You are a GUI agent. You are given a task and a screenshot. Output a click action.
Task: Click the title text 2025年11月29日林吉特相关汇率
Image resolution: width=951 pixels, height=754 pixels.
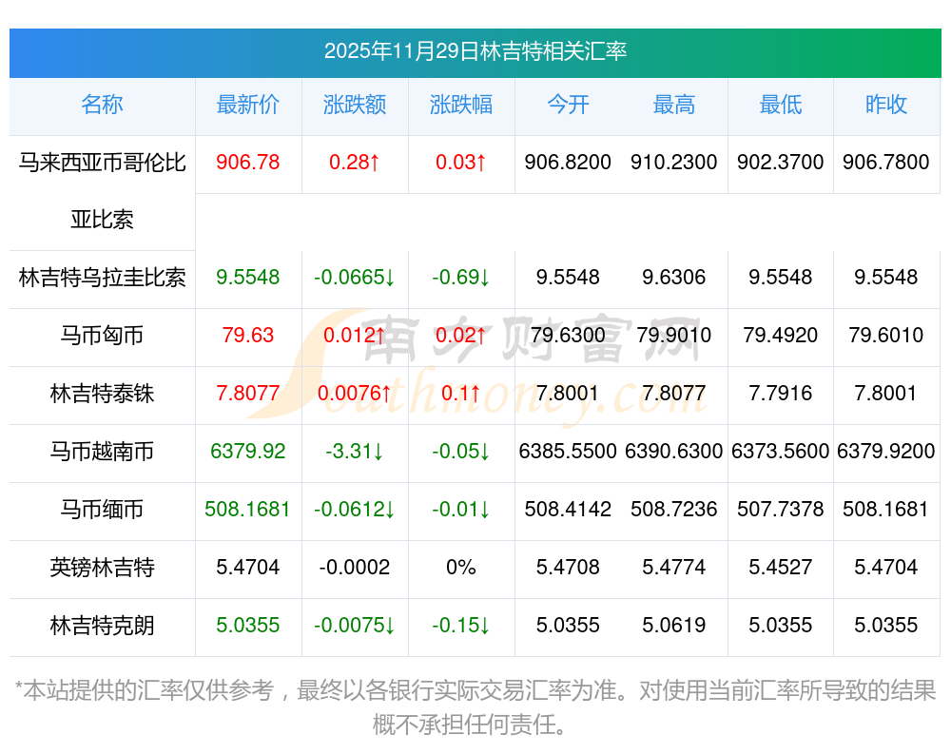[475, 51]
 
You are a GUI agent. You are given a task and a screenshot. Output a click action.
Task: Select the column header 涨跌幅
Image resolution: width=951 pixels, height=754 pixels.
[461, 105]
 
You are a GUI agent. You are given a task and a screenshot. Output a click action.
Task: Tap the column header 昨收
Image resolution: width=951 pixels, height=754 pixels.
[886, 105]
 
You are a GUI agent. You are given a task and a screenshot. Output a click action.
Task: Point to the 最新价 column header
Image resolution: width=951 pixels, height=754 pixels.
[248, 105]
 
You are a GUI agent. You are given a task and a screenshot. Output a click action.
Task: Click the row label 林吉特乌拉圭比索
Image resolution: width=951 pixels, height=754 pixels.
[102, 278]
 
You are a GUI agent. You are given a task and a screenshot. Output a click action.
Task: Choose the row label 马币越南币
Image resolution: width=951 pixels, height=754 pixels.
[102, 452]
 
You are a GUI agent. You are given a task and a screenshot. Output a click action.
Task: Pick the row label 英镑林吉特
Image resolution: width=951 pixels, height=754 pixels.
[102, 568]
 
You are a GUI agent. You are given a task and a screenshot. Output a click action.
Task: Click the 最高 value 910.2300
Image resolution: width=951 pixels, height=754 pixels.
[674, 163]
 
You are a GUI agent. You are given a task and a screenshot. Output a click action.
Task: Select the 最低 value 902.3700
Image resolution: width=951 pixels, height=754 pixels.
[781, 163]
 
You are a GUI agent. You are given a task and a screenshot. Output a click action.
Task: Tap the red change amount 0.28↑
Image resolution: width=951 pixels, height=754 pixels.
[355, 163]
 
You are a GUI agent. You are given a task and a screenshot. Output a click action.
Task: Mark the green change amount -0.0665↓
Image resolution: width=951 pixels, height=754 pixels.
[355, 278]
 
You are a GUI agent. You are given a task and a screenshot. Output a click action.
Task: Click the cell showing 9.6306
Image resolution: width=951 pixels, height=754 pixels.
[674, 278]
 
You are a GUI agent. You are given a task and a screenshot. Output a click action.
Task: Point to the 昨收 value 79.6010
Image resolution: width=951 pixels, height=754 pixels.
[886, 336]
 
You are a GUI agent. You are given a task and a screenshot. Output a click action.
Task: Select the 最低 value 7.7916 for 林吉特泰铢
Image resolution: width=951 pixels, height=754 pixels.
[781, 394]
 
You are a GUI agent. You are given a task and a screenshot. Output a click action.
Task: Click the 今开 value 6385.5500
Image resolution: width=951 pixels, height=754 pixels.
[568, 452]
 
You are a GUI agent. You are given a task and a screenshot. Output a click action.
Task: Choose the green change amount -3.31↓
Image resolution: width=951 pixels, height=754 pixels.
[355, 452]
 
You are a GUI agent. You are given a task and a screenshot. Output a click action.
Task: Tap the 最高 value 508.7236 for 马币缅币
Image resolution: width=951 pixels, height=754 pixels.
[674, 510]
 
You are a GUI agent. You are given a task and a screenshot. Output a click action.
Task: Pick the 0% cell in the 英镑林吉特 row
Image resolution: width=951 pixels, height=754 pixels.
[461, 568]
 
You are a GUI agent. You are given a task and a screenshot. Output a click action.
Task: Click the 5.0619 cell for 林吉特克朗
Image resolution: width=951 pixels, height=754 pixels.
[674, 626]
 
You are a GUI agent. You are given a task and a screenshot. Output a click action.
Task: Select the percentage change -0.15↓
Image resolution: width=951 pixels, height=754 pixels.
[461, 626]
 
